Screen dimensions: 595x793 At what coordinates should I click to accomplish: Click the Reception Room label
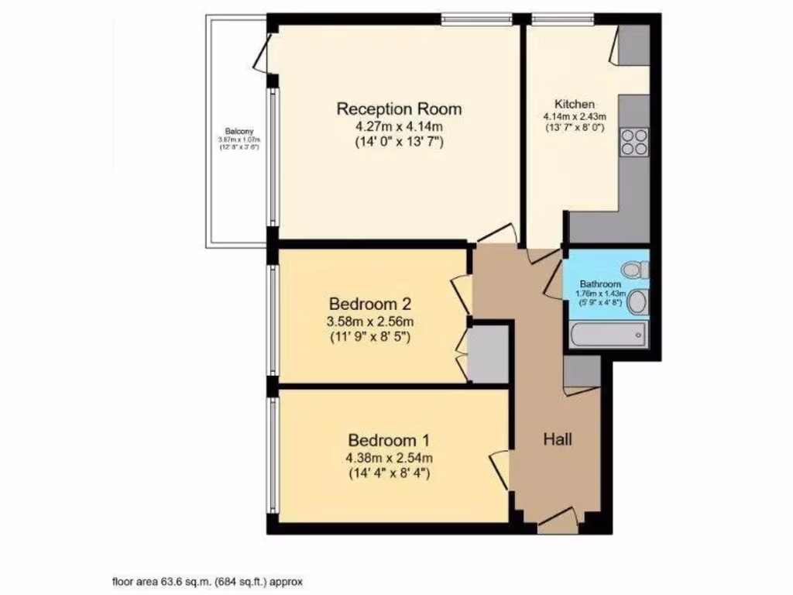(x=399, y=108)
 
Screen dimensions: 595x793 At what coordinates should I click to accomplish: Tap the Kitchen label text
(x=575, y=105)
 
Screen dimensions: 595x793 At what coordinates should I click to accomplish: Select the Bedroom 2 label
(x=369, y=303)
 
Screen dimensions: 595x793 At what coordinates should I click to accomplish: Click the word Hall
(x=558, y=440)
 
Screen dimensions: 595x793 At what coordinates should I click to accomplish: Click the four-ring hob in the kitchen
(x=634, y=143)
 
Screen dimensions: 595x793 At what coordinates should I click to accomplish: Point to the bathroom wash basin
(x=637, y=302)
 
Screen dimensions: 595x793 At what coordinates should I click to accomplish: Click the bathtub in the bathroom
(x=608, y=335)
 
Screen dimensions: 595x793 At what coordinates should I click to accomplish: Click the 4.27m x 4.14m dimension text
(x=399, y=126)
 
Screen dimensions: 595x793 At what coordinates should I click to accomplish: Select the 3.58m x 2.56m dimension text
(x=371, y=322)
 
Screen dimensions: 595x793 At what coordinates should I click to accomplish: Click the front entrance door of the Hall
(x=558, y=524)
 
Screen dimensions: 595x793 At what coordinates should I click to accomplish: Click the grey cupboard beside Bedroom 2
(x=489, y=354)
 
